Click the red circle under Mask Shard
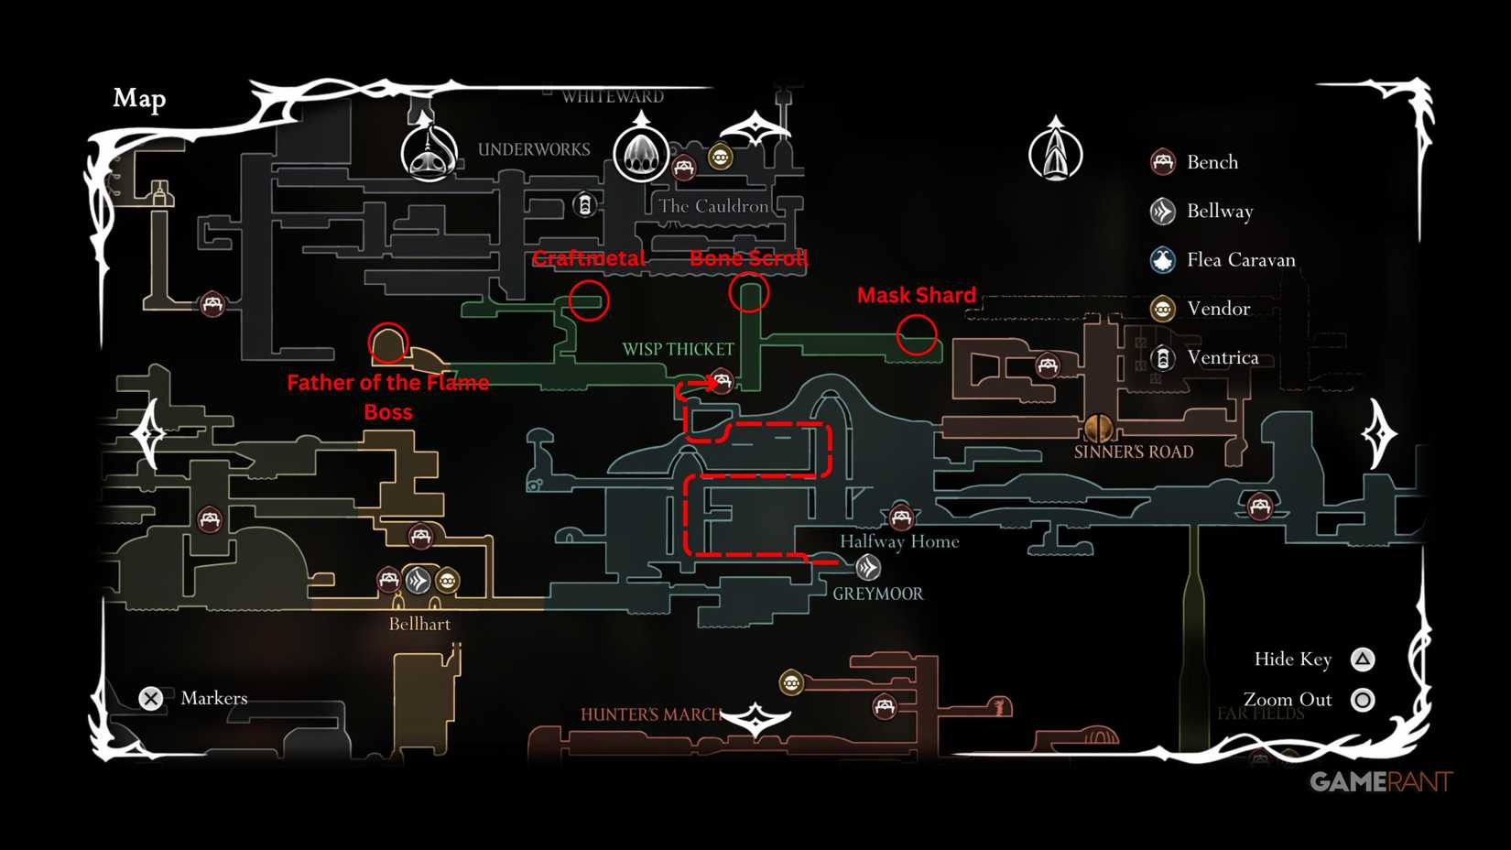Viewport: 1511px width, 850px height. (x=917, y=334)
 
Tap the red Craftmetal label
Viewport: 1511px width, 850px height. (x=589, y=259)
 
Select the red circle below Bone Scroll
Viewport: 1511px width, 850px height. (x=749, y=293)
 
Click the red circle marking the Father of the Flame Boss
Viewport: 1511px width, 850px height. (x=387, y=343)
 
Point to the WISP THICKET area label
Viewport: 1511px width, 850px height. (x=678, y=349)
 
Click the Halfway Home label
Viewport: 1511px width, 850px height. (x=899, y=541)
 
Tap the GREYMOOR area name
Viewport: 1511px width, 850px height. (x=877, y=594)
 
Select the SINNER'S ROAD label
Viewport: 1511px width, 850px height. (x=1133, y=452)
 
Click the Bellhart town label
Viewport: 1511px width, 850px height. (x=419, y=624)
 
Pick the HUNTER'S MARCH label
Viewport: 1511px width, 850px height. (x=649, y=714)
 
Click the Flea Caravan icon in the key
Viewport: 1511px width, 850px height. (x=1163, y=260)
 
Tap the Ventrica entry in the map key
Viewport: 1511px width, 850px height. (x=1222, y=357)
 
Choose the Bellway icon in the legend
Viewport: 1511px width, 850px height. (x=1163, y=212)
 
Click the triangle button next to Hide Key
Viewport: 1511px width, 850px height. (x=1363, y=659)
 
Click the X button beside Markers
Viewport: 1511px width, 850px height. (x=151, y=699)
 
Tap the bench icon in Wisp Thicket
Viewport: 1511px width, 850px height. (x=723, y=380)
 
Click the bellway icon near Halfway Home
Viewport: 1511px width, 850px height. (x=868, y=568)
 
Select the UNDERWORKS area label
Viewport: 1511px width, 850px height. (x=534, y=149)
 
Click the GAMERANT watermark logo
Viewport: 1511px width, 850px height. (x=1380, y=781)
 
